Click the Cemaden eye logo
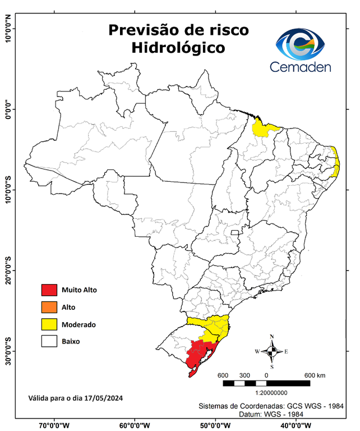pos(304,44)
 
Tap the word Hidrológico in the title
pos(178,48)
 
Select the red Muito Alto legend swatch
pos(49,290)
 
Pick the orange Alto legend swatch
pos(49,307)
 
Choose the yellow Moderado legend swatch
pos(49,324)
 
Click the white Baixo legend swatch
pos(49,341)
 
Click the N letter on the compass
pos(272,337)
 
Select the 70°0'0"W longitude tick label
pos(54,425)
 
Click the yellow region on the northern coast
pos(262,129)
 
